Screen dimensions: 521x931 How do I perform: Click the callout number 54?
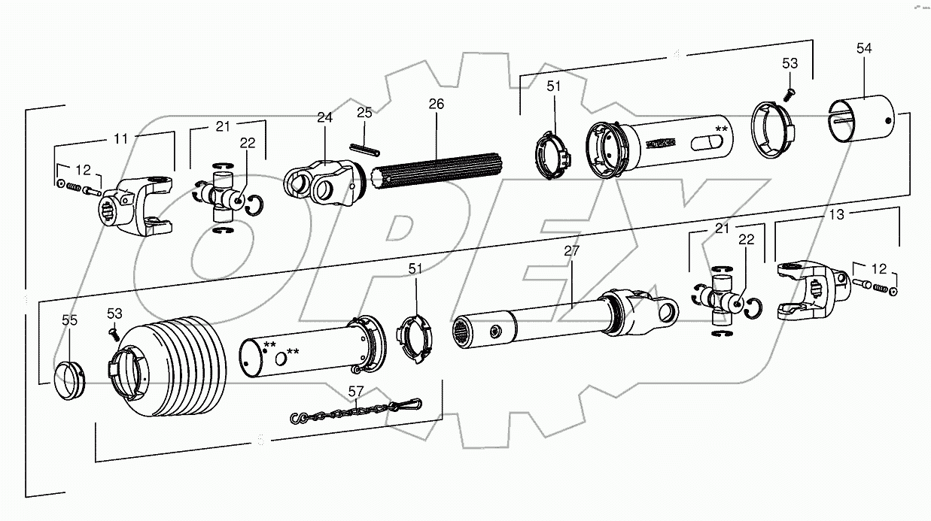pyautogui.click(x=863, y=48)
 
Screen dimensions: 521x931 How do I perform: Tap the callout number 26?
pyautogui.click(x=436, y=104)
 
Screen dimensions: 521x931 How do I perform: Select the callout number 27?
pyautogui.click(x=571, y=251)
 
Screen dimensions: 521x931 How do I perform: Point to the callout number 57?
pyautogui.click(x=355, y=391)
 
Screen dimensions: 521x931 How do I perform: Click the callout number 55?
pyautogui.click(x=69, y=320)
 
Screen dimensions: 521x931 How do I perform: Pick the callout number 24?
pyautogui.click(x=324, y=117)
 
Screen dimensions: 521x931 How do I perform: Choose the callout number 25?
pyautogui.click(x=364, y=113)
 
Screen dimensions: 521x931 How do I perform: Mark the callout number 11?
pyautogui.click(x=121, y=138)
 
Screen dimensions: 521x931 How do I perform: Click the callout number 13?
pyautogui.click(x=836, y=214)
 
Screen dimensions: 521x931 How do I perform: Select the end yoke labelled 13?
pyautogui.click(x=809, y=289)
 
